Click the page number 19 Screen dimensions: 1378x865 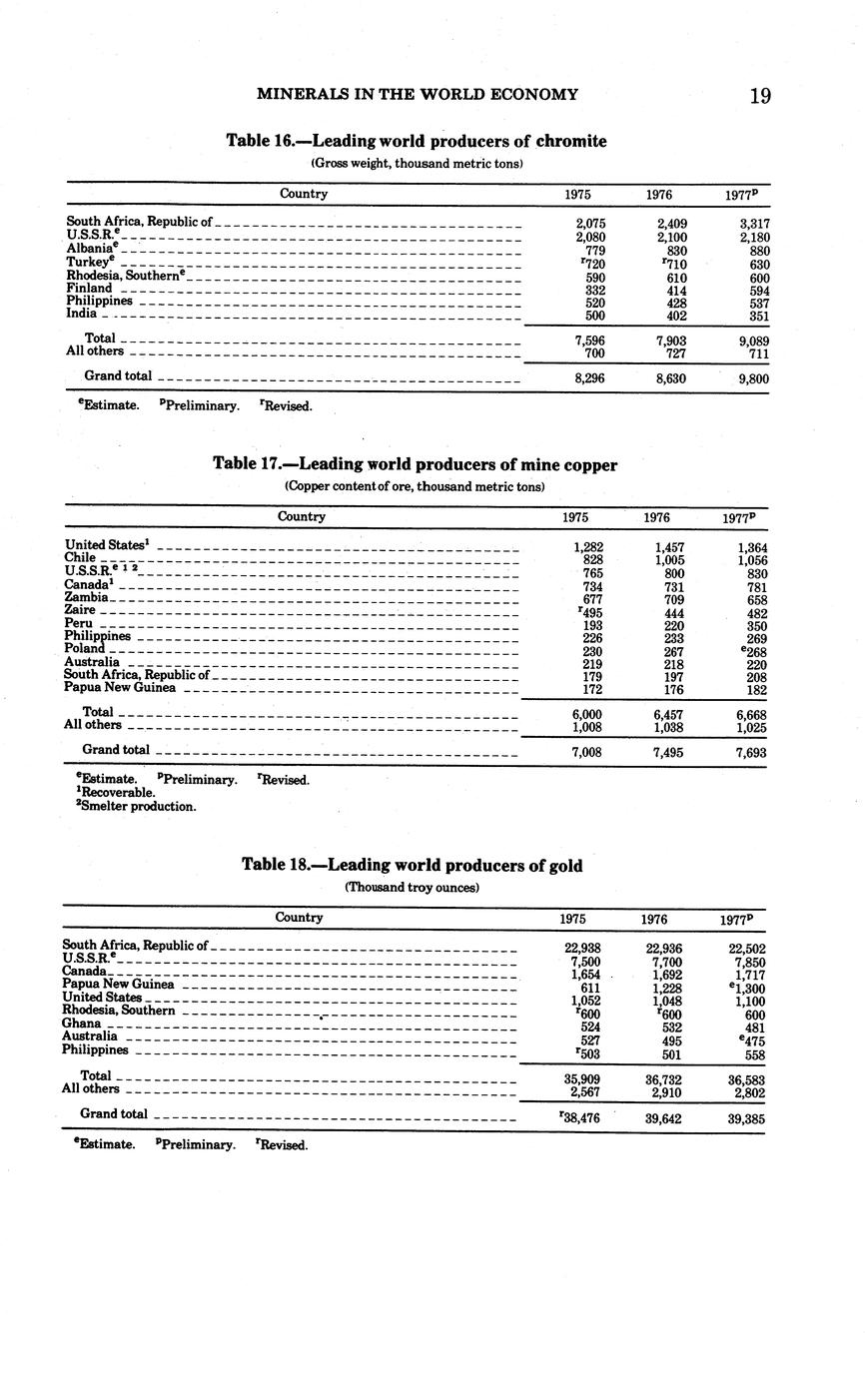[759, 96]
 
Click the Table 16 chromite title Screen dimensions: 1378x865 [417, 141]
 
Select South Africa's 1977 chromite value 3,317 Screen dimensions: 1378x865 [753, 225]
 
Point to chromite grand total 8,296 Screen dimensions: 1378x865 [590, 378]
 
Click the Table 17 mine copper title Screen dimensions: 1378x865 [415, 464]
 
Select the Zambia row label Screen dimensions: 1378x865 [86, 596]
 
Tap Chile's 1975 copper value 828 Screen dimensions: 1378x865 [591, 560]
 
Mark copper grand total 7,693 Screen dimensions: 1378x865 [750, 751]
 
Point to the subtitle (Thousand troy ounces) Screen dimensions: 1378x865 [412, 887]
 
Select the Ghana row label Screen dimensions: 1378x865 [82, 1024]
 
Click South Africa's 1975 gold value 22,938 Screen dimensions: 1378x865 [581, 949]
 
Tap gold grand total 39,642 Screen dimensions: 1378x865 [663, 1119]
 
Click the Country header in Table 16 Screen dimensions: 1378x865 [304, 194]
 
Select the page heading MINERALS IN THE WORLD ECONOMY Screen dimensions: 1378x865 [417, 95]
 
